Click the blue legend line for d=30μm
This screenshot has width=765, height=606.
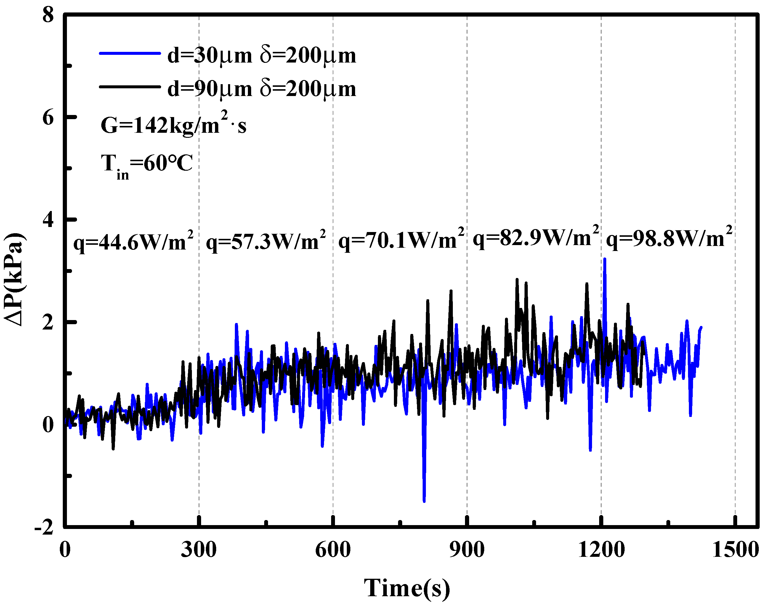click(x=130, y=54)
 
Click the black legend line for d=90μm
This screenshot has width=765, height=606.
click(x=130, y=87)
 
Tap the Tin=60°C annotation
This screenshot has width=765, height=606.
click(x=147, y=165)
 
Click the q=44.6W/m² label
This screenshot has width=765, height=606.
click(x=133, y=242)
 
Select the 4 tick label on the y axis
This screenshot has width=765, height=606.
click(x=48, y=220)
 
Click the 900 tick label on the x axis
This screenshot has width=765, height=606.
click(x=467, y=550)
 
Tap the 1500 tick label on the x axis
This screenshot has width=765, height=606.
click(x=735, y=550)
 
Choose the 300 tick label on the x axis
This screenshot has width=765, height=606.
click(x=199, y=550)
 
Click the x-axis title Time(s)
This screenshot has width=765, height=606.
click(x=407, y=588)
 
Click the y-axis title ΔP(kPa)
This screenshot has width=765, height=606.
click(x=14, y=279)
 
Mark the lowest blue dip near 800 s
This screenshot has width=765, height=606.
click(x=424, y=501)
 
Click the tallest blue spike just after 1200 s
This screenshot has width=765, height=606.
click(x=605, y=259)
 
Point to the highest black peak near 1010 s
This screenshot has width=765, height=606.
click(x=517, y=279)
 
